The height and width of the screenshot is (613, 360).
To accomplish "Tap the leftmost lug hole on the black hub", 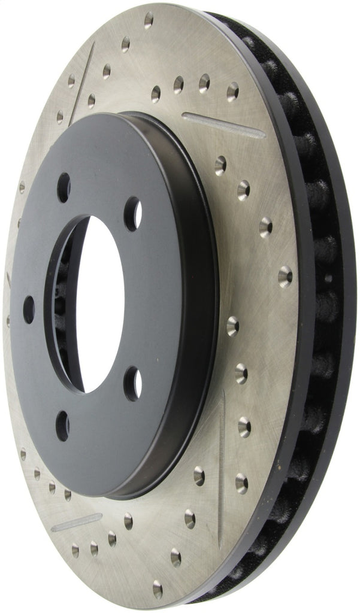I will coord(29,309).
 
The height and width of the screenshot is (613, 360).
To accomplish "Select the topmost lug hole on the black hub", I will coord(63,187).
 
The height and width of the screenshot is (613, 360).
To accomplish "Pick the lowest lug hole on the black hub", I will coord(62,425).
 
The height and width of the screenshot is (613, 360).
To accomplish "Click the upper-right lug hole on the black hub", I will coord(132,214).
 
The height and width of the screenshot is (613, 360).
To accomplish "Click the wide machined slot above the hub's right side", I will coord(223,125).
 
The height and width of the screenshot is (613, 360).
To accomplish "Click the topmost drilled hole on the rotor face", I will coord(149,20).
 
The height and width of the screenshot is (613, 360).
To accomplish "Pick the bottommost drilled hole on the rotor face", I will coord(157,589).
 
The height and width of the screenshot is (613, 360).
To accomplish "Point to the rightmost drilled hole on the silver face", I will coord(285,276).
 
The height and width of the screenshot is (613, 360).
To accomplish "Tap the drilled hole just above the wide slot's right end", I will coord(232,91).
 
